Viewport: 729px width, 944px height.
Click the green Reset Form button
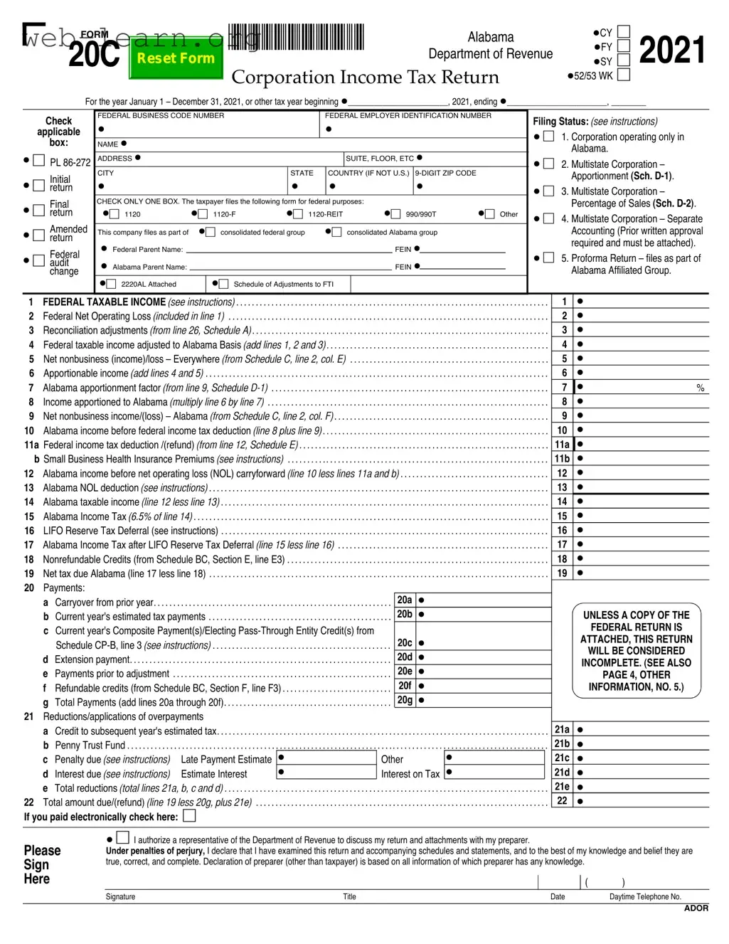pyautogui.click(x=175, y=59)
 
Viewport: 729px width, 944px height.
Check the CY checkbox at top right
pyautogui.click(x=623, y=32)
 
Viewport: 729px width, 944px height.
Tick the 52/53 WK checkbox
pyautogui.click(x=623, y=75)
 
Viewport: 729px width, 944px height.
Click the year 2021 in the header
pyautogui.click(x=671, y=51)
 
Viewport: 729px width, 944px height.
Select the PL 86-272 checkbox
pyautogui.click(x=39, y=161)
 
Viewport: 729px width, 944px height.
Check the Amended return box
pyautogui.click(x=39, y=235)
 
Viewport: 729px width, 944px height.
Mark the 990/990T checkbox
pyautogui.click(x=395, y=214)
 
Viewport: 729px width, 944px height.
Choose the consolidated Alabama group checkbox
pyautogui.click(x=336, y=232)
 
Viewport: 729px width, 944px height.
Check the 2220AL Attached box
pyautogui.click(x=112, y=284)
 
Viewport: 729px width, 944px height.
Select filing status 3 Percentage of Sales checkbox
pyautogui.click(x=548, y=191)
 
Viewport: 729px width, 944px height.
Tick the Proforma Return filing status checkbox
pyautogui.click(x=548, y=258)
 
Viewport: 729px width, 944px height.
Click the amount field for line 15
pyautogui.click(x=644, y=516)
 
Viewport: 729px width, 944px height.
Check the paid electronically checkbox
pyautogui.click(x=189, y=816)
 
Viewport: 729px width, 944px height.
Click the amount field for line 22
pyautogui.click(x=644, y=801)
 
